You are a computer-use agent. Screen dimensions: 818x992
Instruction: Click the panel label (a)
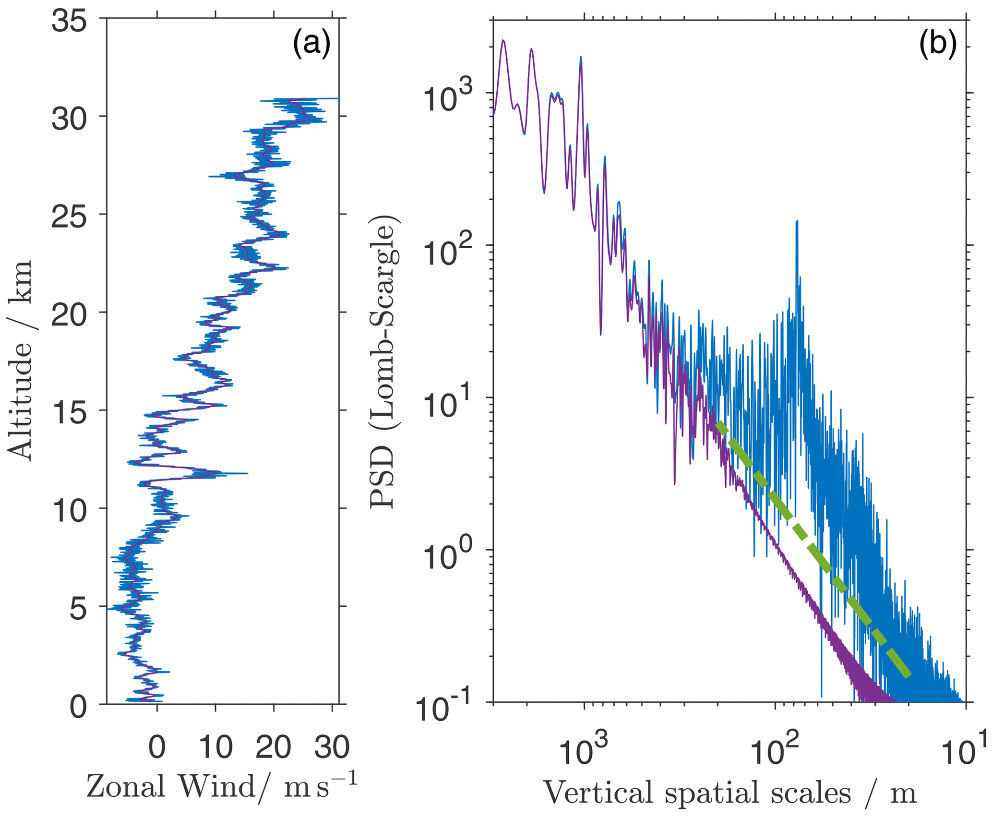point(311,44)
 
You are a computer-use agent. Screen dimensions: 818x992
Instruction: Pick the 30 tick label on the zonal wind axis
point(332,747)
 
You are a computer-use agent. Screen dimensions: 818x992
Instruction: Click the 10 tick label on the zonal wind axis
point(216,747)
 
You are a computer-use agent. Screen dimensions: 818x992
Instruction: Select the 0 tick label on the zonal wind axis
point(157,747)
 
